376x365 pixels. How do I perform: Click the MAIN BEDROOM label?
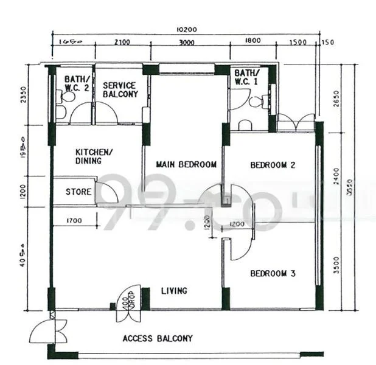[x=186, y=164]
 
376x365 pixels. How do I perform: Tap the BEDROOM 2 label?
[x=273, y=165]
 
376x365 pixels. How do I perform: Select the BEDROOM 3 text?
[x=273, y=274]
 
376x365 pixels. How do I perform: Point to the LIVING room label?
[x=174, y=291]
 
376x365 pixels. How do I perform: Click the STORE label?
[x=78, y=192]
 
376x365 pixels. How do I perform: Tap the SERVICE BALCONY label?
[x=120, y=90]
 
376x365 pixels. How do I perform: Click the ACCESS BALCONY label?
[x=158, y=338]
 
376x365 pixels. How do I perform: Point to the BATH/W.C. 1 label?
[x=247, y=77]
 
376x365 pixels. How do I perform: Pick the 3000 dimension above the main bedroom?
[x=187, y=42]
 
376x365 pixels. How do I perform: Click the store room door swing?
[x=107, y=193]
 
